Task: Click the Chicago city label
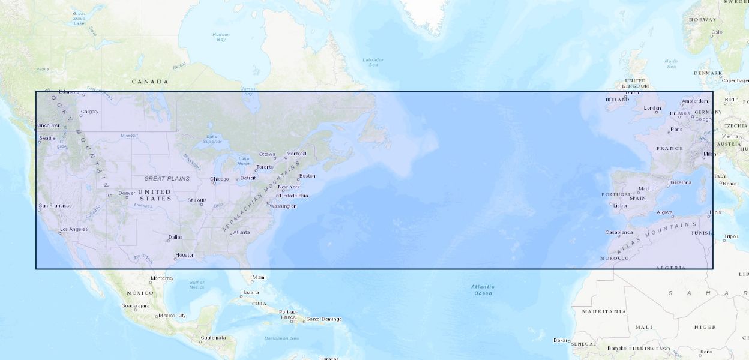(x=220, y=179)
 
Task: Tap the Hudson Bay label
(x=221, y=37)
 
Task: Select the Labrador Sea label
(x=373, y=61)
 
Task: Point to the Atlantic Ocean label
(x=483, y=290)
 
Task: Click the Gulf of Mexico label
(x=197, y=285)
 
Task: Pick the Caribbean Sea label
(x=282, y=338)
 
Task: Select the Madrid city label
(x=646, y=188)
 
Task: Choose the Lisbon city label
(x=621, y=206)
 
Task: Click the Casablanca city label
(x=619, y=232)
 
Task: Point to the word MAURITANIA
(x=604, y=311)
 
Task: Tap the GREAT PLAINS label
(x=167, y=178)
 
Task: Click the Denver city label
(x=127, y=193)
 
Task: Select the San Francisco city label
(x=55, y=206)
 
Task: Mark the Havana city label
(x=250, y=292)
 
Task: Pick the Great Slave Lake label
(x=79, y=18)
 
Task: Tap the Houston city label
(x=185, y=255)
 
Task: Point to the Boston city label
(x=307, y=176)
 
